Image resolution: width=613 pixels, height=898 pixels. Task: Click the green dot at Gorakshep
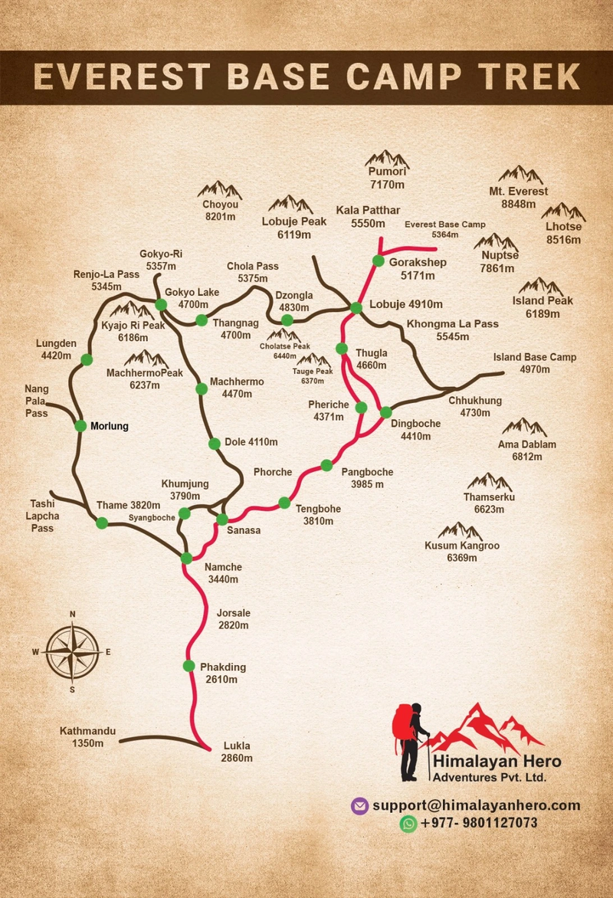(x=378, y=261)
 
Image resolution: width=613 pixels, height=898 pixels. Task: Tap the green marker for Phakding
(x=189, y=665)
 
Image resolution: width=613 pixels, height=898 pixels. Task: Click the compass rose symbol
(x=72, y=652)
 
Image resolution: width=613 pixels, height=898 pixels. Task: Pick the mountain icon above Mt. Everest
(x=520, y=175)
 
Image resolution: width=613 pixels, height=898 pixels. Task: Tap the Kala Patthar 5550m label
(x=369, y=217)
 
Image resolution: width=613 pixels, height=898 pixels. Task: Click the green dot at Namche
(x=186, y=558)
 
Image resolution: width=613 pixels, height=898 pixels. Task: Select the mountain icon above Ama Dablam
(x=525, y=427)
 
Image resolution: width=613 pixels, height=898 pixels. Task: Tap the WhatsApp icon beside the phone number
(x=408, y=824)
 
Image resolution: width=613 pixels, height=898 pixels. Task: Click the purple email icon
(x=359, y=805)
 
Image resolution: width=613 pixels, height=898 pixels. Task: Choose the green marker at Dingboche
(x=385, y=412)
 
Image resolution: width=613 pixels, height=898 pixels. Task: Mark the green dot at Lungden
(x=87, y=359)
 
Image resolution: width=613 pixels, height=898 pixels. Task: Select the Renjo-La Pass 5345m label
(x=107, y=280)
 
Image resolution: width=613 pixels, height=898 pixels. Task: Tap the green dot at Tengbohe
(x=284, y=503)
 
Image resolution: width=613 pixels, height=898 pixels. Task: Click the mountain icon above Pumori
(x=386, y=159)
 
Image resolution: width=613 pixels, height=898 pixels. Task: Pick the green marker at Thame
(x=102, y=523)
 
